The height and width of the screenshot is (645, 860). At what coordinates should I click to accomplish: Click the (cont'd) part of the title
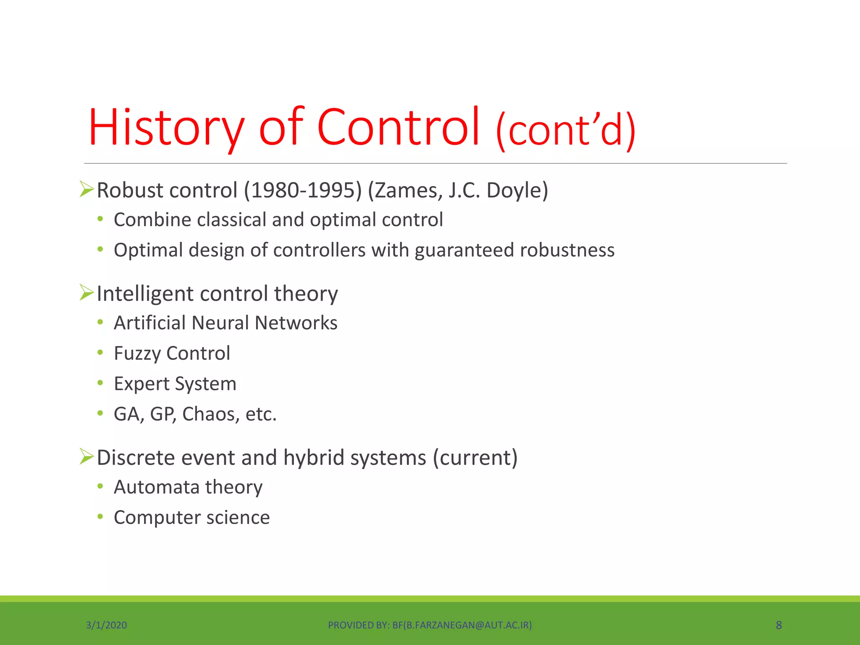[566, 131]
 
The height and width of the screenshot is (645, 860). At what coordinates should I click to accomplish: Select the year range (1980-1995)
[303, 190]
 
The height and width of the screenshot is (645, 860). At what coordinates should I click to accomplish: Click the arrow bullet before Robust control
[87, 189]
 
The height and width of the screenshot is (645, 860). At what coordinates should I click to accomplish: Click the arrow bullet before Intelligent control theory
[87, 293]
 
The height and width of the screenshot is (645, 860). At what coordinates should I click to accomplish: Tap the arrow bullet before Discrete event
[87, 456]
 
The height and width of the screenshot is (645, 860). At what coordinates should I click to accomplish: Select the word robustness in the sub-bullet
[567, 250]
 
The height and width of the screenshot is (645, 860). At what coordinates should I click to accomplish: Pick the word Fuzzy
[137, 354]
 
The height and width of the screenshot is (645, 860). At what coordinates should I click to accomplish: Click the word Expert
[142, 384]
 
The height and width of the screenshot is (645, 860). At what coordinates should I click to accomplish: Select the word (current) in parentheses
[475, 457]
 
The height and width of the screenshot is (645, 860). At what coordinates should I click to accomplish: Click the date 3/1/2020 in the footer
[106, 625]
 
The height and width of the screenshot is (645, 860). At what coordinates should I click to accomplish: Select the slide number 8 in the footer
[779, 625]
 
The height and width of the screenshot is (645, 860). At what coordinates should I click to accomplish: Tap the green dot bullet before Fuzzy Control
[100, 353]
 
